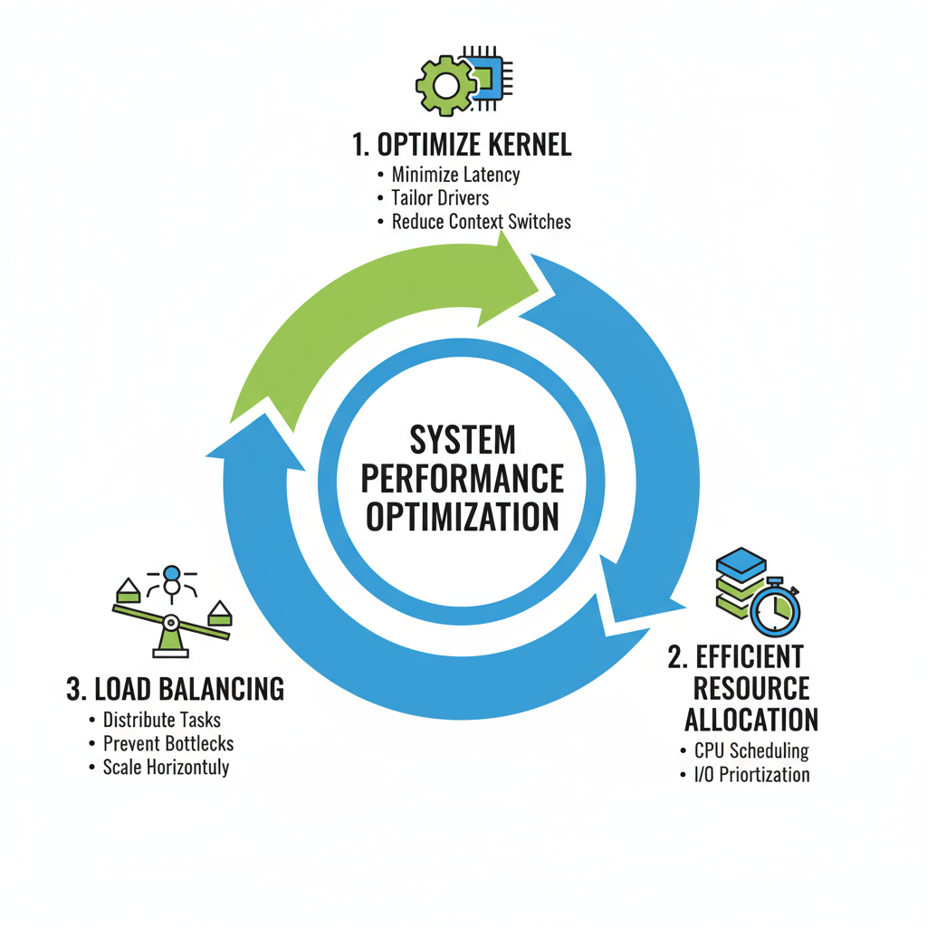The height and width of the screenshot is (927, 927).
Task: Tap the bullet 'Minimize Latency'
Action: (x=455, y=175)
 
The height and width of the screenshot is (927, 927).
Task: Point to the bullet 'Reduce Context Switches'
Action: (x=481, y=222)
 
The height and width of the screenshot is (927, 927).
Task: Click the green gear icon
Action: (x=445, y=85)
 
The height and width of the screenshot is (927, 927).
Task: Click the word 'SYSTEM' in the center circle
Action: (x=463, y=440)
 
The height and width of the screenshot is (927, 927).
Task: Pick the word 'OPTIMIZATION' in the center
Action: (x=463, y=517)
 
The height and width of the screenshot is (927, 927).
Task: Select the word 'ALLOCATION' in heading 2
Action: (x=751, y=721)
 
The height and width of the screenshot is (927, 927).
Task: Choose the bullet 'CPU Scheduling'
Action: (x=751, y=750)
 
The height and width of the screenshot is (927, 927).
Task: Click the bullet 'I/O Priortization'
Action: (x=751, y=774)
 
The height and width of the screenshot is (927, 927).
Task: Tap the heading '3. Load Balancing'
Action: (x=176, y=689)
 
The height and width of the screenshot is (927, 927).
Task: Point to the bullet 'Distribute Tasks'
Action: (x=162, y=721)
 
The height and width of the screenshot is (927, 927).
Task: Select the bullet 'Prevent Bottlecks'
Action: (x=168, y=744)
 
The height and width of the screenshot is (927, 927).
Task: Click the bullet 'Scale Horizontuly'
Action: (x=166, y=768)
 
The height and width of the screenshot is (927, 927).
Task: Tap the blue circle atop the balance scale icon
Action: (x=170, y=574)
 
